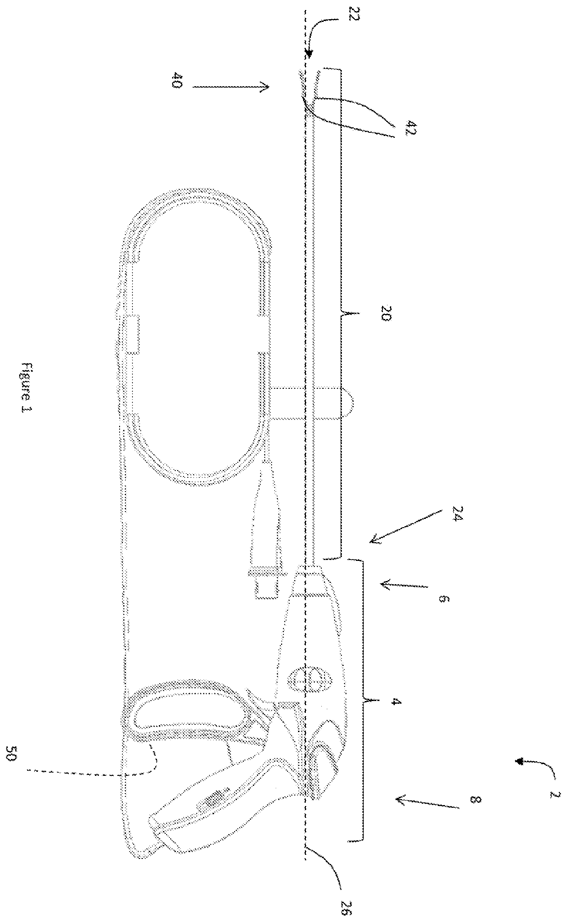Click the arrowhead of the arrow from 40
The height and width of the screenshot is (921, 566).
264,86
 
